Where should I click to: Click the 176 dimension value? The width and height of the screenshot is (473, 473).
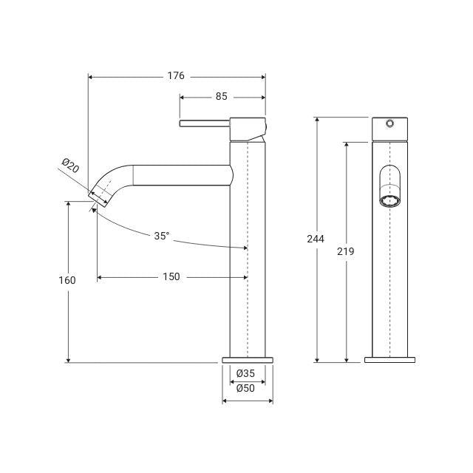coord(176,76)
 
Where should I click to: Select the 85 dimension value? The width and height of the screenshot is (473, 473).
coord(222,96)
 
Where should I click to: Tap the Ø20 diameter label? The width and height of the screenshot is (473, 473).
coord(70,166)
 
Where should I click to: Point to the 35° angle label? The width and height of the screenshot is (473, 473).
coord(162,236)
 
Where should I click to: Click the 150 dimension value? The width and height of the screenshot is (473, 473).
coord(171,277)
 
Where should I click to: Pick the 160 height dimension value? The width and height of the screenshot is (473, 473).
coord(67,281)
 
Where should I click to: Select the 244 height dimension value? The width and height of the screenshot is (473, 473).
coord(316,239)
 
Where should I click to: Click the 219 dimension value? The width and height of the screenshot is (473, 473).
coord(345,251)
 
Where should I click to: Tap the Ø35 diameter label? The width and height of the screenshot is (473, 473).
coord(247,373)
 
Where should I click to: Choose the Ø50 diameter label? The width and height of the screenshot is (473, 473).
coord(247,388)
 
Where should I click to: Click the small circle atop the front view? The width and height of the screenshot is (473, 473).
coord(390,123)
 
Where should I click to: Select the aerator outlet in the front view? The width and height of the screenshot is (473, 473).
coord(390,200)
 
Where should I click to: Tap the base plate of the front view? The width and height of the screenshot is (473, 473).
coord(390,360)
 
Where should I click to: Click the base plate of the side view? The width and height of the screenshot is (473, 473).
coord(248,360)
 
